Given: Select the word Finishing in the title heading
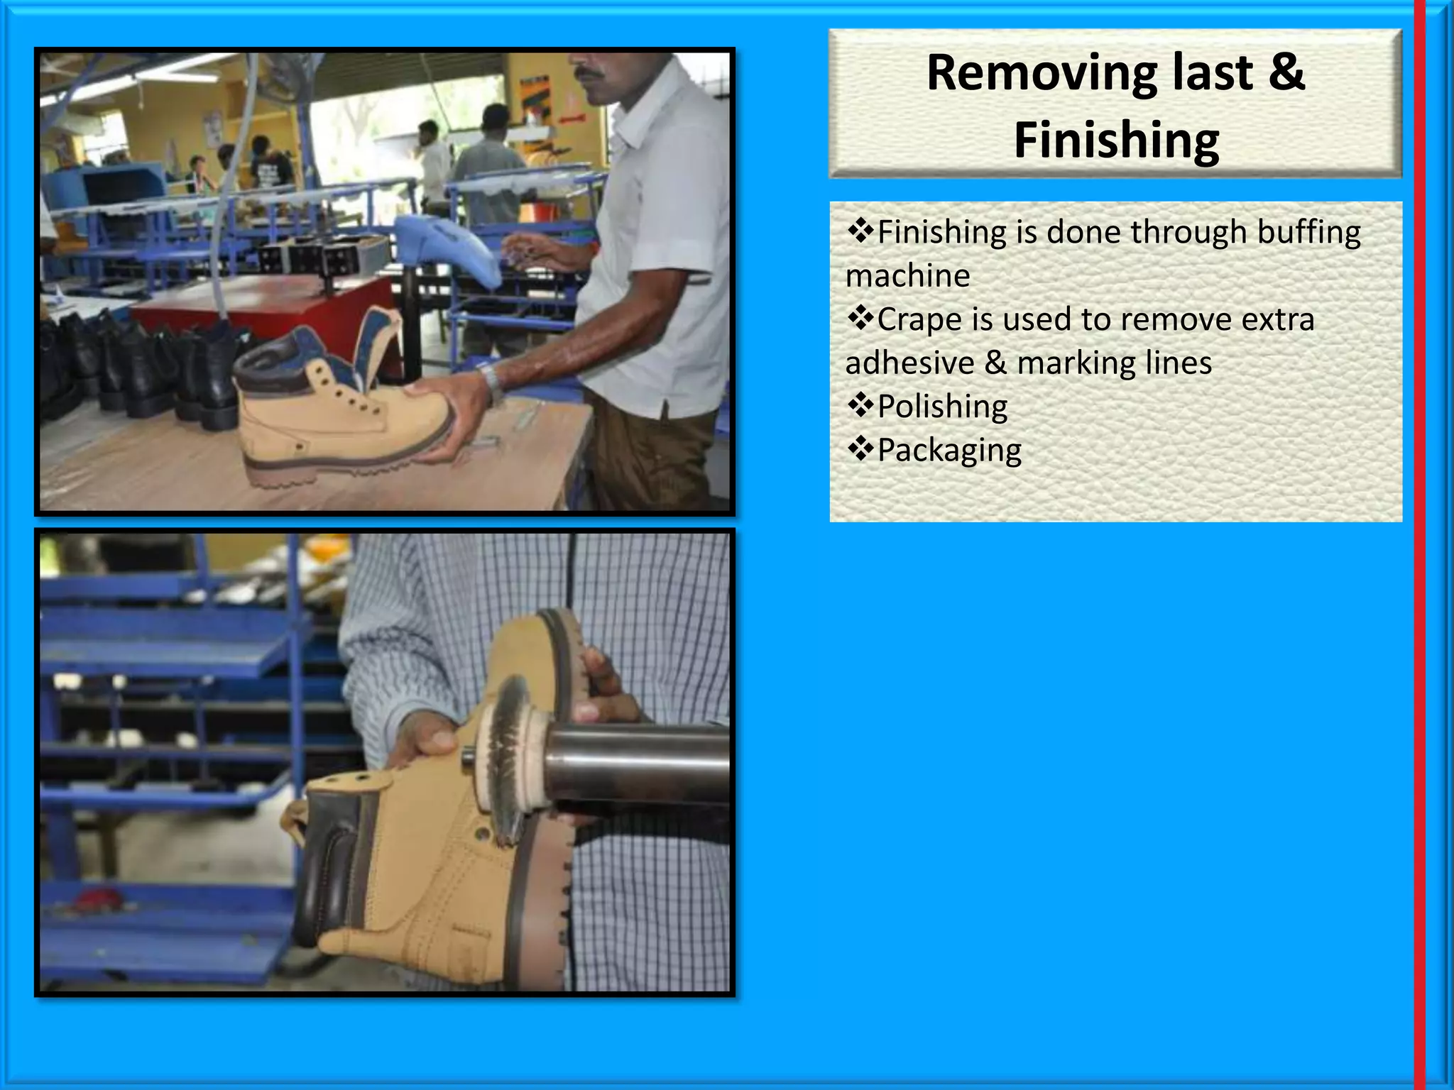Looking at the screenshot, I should click(x=1116, y=141).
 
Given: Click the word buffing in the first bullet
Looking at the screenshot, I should click(x=1309, y=233).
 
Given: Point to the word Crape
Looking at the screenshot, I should click(x=919, y=320).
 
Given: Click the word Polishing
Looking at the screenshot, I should click(x=942, y=407).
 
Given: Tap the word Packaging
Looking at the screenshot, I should click(x=949, y=451).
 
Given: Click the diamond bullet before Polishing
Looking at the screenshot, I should click(x=860, y=405).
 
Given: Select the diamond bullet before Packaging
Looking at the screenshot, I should click(x=860, y=448).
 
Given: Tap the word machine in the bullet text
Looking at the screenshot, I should click(x=907, y=276).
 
